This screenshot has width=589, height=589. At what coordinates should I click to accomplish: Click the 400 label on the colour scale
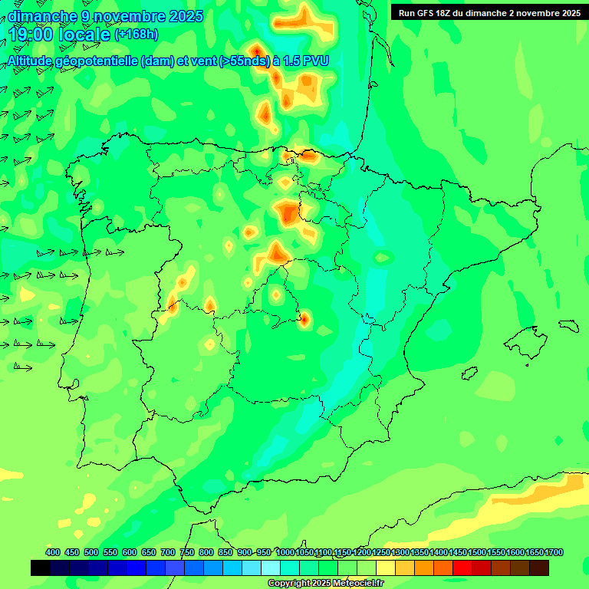pyautogui.click(x=53, y=552)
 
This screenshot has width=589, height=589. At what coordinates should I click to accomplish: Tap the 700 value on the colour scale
pyautogui.click(x=168, y=552)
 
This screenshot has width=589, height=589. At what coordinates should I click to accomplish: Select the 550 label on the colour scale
pyautogui.click(x=110, y=552)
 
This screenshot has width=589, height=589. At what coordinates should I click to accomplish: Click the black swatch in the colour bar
pyautogui.click(x=41, y=568)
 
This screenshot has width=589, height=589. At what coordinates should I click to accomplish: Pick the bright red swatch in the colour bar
pyautogui.click(x=462, y=568)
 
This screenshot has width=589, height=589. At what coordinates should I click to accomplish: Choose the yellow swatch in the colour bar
pyautogui.click(x=386, y=568)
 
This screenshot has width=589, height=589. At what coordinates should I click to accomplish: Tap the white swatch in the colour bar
pyautogui.click(x=271, y=568)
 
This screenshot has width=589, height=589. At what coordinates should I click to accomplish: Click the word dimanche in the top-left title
pyautogui.click(x=41, y=16)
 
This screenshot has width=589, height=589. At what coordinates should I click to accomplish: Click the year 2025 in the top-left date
pyautogui.click(x=181, y=16)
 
